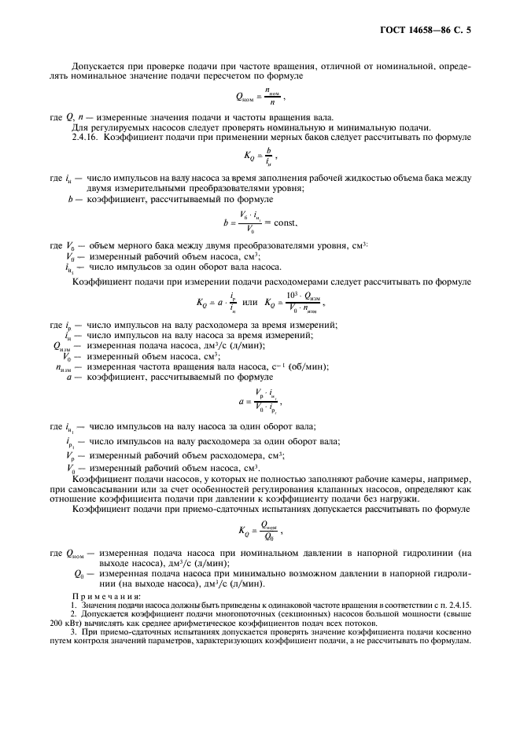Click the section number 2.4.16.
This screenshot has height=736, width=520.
coord(85,137)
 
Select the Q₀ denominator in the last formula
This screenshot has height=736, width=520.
coord(267,538)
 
